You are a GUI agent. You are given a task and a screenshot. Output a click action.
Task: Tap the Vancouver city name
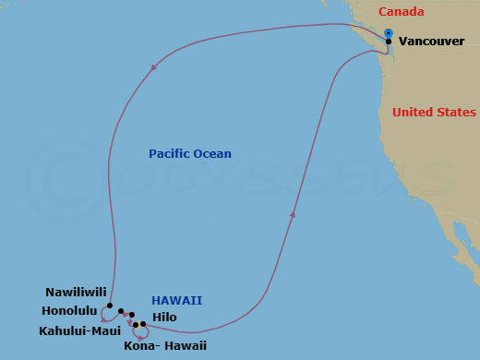431,42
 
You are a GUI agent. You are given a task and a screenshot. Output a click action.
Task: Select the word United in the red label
411,113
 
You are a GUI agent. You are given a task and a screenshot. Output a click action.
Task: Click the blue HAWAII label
177,301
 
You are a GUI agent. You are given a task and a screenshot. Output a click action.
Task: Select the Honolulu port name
71,310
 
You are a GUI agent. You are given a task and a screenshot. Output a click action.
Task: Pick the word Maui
104,330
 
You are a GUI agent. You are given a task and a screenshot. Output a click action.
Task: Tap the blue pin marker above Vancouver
389,34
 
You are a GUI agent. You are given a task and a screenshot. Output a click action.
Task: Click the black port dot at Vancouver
389,42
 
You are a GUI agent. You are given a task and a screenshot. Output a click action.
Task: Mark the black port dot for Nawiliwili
109,306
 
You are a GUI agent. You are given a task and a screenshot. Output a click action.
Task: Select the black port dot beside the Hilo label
143,324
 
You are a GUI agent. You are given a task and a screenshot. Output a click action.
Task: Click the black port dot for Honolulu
121,311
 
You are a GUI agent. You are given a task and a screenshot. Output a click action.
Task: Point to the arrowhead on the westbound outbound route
152,66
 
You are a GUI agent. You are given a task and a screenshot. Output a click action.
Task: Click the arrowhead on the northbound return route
293,214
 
